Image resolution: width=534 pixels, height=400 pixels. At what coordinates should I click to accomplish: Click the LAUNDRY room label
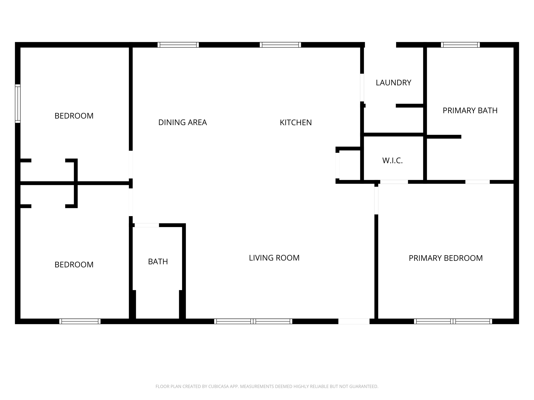click(x=393, y=83)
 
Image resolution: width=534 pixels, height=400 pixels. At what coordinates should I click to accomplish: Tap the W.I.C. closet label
click(x=392, y=160)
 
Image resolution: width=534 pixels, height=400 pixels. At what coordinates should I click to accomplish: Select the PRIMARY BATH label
click(x=470, y=110)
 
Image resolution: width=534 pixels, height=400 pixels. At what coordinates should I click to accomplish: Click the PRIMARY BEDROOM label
click(x=446, y=258)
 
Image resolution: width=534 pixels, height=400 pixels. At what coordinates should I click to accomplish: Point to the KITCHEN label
click(x=295, y=122)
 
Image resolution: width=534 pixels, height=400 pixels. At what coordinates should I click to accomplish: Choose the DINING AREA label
click(x=183, y=122)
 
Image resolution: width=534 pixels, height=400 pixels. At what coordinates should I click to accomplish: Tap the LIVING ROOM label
click(x=274, y=258)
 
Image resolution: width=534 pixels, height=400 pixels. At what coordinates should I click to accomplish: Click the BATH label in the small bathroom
click(x=158, y=261)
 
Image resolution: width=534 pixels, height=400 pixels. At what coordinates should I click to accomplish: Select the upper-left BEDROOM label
click(x=74, y=116)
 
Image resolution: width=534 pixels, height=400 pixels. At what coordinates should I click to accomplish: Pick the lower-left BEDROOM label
click(x=74, y=265)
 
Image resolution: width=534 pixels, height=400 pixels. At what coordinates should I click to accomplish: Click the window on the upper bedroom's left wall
click(x=18, y=103)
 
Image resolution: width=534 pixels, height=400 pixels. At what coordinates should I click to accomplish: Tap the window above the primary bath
click(x=460, y=45)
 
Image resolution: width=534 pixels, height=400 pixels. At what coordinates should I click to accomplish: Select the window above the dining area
click(x=178, y=45)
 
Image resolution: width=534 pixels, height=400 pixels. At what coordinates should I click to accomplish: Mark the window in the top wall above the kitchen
click(x=280, y=45)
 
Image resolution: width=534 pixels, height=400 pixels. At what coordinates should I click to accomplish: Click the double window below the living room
click(x=253, y=321)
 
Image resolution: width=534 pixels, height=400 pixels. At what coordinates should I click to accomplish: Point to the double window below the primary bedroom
click(x=453, y=321)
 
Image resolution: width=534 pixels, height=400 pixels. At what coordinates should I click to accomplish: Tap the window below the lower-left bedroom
click(x=80, y=321)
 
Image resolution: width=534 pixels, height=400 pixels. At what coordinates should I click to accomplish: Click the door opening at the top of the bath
click(x=147, y=225)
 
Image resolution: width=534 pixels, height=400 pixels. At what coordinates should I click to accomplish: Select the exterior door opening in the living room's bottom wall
click(x=354, y=321)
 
